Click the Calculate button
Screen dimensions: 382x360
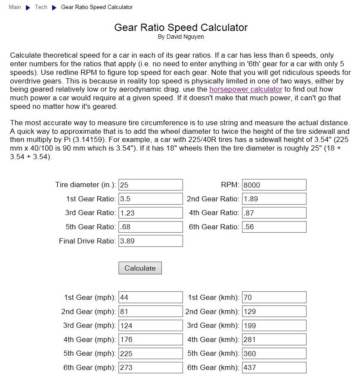pyautogui.click(x=140, y=268)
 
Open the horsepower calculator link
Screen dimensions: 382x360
pyautogui.click(x=245, y=89)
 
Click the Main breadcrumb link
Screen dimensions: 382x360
pyautogui.click(x=15, y=7)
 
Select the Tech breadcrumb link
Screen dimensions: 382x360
pyautogui.click(x=41, y=7)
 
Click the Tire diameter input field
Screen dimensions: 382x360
pyautogui.click(x=150, y=185)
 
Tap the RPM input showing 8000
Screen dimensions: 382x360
pyautogui.click(x=274, y=185)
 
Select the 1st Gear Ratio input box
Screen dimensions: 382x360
pyautogui.click(x=150, y=199)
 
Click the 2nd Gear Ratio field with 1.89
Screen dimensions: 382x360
pyautogui.click(x=274, y=199)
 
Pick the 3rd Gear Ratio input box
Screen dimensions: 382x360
pyautogui.click(x=150, y=213)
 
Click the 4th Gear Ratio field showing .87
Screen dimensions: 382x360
pyautogui.click(x=274, y=213)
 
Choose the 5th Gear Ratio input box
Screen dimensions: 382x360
pyautogui.click(x=150, y=227)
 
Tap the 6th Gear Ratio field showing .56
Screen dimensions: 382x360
pyautogui.click(x=274, y=227)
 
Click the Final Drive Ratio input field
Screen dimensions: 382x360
pyautogui.click(x=150, y=241)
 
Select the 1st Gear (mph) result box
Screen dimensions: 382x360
pyautogui.click(x=150, y=297)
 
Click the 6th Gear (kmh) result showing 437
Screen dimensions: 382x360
pyautogui.click(x=274, y=367)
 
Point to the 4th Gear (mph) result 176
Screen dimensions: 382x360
pyautogui.click(x=150, y=339)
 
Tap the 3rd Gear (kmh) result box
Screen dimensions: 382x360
pyautogui.click(x=274, y=325)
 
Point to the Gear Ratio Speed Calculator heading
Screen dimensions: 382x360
pyautogui.click(x=181, y=28)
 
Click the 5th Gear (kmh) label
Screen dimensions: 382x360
pyautogui.click(x=213, y=354)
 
